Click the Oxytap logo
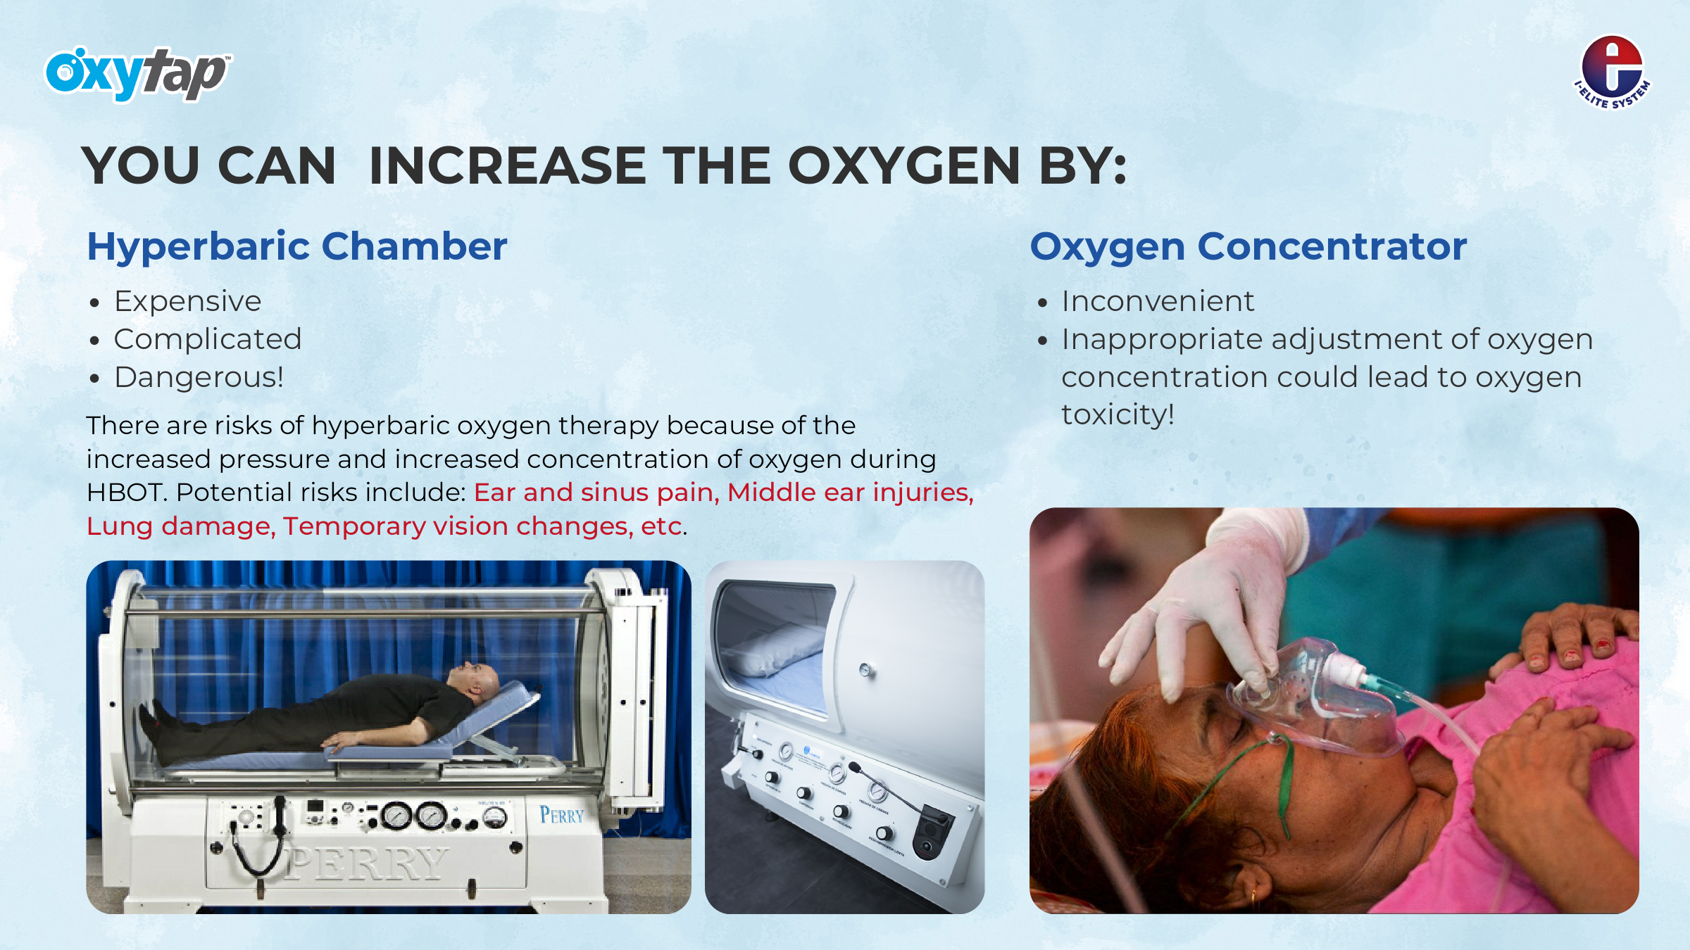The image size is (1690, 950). (138, 74)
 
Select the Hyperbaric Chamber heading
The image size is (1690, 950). (296, 248)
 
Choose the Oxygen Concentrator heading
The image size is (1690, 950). (1248, 248)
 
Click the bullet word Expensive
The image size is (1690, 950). (187, 302)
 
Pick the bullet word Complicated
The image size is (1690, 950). (208, 340)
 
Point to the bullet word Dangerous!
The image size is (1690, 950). (199, 377)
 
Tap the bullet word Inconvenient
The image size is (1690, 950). (1158, 301)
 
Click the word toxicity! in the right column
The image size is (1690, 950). (1118, 414)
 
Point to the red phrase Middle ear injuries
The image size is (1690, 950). (849, 493)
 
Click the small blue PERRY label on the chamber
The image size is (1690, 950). (562, 815)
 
